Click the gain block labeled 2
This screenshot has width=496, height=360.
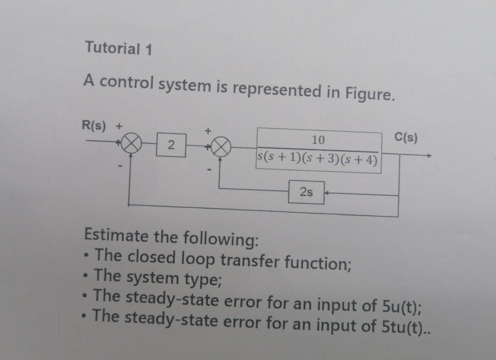point(171,145)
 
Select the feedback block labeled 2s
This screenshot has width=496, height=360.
point(306,192)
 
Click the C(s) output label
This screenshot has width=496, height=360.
point(405,137)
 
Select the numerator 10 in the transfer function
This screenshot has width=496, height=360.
point(318,140)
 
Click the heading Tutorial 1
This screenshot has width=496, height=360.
point(119,48)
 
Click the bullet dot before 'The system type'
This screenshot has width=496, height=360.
point(87,276)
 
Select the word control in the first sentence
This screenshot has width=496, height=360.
point(127,82)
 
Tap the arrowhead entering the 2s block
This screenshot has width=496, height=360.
point(327,193)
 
